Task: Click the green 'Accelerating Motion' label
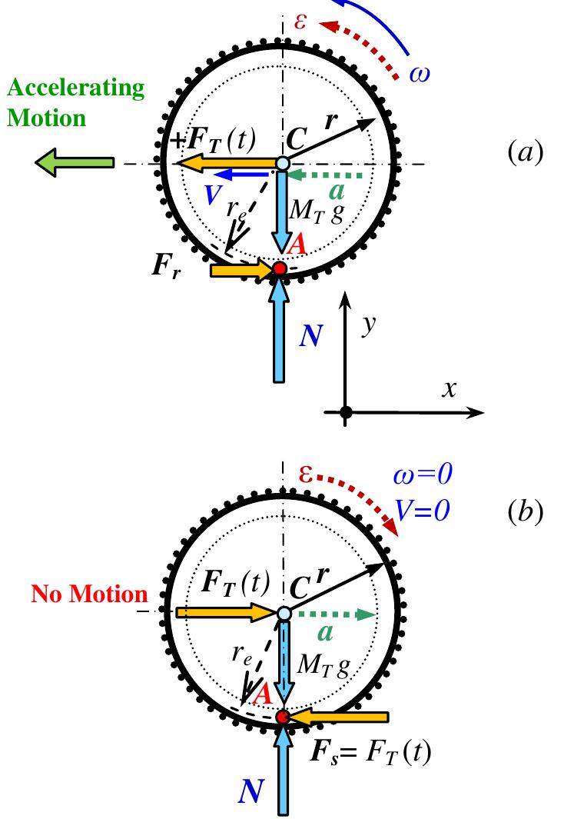coord(75,103)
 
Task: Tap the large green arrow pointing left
coord(74,163)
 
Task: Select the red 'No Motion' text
coord(89,594)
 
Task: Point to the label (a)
coord(526,152)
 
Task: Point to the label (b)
coord(526,512)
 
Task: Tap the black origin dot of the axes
coord(346,413)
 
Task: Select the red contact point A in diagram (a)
coord(280,268)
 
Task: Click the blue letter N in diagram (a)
coord(310,335)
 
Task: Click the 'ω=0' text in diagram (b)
coord(422,475)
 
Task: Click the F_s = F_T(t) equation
coord(370,751)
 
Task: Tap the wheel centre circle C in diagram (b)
coord(284,613)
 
